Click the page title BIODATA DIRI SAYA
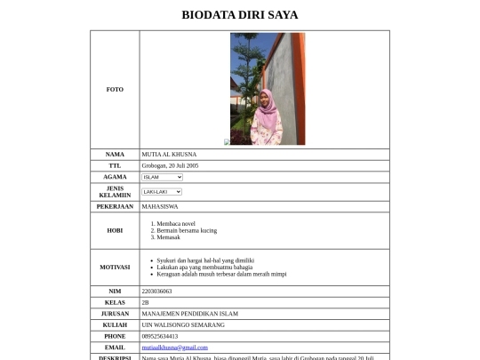(240, 15)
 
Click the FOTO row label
(115, 90)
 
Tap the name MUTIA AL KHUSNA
(169, 155)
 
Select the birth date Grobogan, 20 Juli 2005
(170, 165)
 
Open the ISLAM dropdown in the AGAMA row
(162, 177)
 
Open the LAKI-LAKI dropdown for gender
(162, 192)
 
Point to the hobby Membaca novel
(176, 223)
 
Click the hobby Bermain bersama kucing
(187, 230)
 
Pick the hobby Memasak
(169, 237)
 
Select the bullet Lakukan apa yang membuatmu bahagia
(204, 267)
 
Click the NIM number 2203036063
(156, 291)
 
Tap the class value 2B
(146, 302)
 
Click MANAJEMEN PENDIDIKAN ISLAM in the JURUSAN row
(189, 314)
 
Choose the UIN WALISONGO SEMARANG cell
(183, 325)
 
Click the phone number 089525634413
(159, 337)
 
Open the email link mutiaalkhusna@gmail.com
(174, 348)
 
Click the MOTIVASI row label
(115, 267)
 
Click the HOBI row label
(115, 230)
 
